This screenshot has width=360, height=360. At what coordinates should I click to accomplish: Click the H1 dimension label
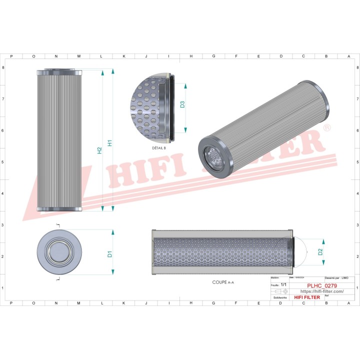pos(109,142)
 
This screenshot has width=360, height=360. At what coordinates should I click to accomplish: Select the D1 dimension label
pos(109,254)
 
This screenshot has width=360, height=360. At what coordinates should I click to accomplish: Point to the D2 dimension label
pos(320,252)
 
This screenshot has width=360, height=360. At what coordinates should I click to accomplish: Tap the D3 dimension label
pos(182,104)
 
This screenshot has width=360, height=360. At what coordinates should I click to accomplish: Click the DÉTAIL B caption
pos(158,148)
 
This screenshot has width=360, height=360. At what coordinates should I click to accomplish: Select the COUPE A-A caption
pos(223,282)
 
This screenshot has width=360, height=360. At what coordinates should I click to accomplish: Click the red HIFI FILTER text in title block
pos(306,297)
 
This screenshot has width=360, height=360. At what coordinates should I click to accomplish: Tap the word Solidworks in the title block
pos(278,297)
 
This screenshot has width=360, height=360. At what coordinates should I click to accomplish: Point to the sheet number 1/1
pos(283,284)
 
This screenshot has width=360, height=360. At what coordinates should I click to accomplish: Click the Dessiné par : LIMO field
pos(336,277)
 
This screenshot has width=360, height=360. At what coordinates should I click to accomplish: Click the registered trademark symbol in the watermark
pos(327,129)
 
